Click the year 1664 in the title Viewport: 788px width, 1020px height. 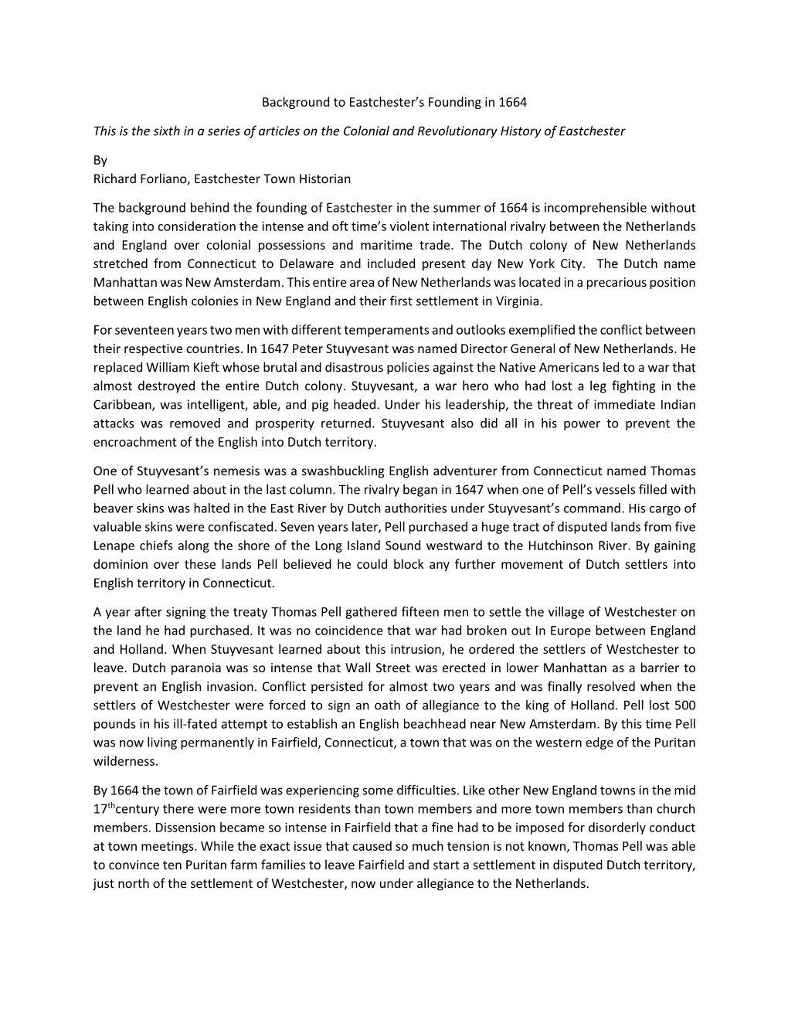512,102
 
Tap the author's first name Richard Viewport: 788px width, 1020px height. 114,179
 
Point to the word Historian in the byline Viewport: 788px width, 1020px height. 325,179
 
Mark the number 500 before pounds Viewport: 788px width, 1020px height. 684,705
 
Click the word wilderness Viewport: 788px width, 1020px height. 125,761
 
